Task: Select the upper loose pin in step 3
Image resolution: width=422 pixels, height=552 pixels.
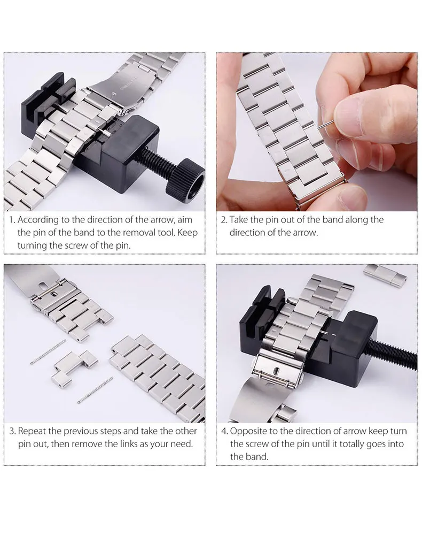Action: tap(48, 352)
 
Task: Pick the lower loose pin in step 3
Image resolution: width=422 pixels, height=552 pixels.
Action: tap(95, 390)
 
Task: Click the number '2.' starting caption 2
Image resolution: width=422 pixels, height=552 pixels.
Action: tap(224, 220)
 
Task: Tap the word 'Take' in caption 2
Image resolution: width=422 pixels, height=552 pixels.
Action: tap(239, 220)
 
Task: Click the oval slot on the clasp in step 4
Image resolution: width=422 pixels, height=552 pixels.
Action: tap(276, 371)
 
